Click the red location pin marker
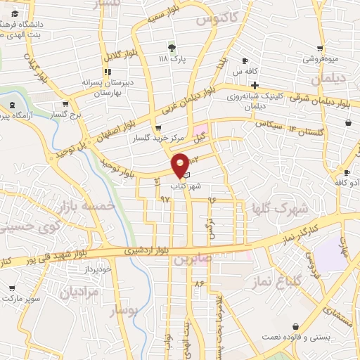click(180, 164)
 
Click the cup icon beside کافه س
click(244, 60)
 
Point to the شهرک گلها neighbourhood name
click(281, 208)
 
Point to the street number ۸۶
click(200, 283)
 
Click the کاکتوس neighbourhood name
click(213, 20)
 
